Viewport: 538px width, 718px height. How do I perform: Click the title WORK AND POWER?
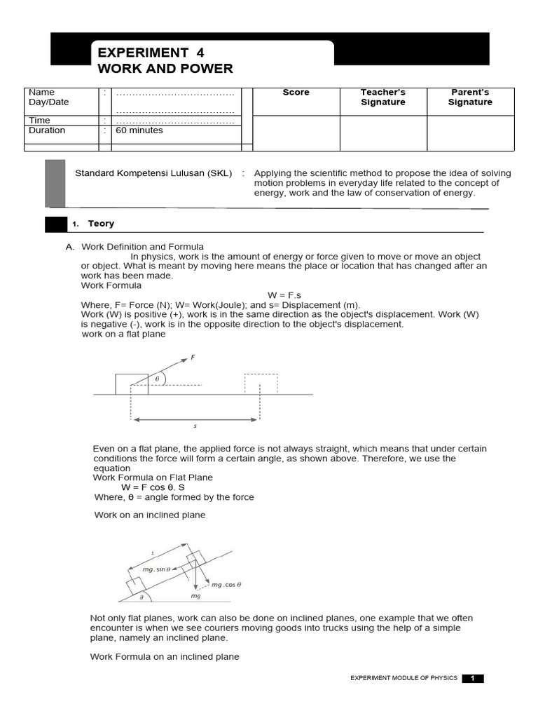(165, 69)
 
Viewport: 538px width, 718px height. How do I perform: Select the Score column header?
(296, 93)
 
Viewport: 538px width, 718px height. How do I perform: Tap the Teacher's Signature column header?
(382, 97)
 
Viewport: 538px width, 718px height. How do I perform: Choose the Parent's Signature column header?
(470, 97)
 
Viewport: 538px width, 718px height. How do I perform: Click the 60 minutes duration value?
(139, 130)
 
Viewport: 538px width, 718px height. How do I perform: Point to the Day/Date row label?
(48, 102)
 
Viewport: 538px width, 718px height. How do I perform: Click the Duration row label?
(47, 130)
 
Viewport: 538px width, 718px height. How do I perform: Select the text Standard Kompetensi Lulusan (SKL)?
(153, 173)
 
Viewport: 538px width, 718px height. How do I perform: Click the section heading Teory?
(101, 224)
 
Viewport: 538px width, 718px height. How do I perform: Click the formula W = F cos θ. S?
(153, 487)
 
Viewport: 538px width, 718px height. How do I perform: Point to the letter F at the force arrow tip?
(193, 358)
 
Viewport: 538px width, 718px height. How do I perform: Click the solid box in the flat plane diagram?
(131, 384)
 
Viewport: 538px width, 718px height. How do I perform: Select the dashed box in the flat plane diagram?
(261, 384)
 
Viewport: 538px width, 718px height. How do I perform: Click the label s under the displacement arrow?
(195, 426)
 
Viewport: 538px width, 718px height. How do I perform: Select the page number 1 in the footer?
(473, 678)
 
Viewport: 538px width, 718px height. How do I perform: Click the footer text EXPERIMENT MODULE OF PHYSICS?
(403, 678)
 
